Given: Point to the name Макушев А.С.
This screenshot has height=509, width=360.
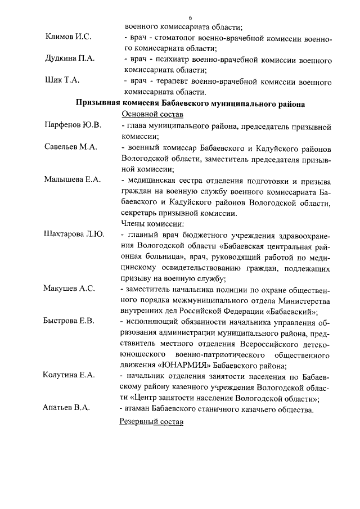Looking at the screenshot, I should pyautogui.click(x=69, y=289).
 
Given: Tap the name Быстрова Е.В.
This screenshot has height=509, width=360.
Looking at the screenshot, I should pyautogui.click(x=70, y=321).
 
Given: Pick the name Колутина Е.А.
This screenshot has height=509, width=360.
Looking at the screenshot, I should pyautogui.click(x=70, y=376).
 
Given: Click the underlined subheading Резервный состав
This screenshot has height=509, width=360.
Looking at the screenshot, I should pyautogui.click(x=152, y=422).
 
